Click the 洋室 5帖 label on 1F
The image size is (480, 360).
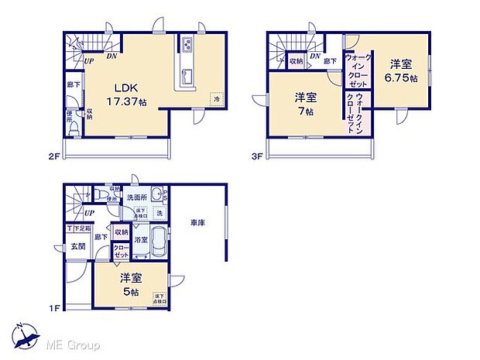tap(129, 284)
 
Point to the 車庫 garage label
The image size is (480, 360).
tap(197, 224)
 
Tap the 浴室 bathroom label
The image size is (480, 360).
tap(141, 241)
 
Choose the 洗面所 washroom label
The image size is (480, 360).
tap(137, 198)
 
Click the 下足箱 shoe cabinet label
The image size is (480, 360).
tap(81, 228)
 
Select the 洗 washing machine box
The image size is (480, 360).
tap(158, 213)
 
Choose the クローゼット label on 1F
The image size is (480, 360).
tap(122, 249)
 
